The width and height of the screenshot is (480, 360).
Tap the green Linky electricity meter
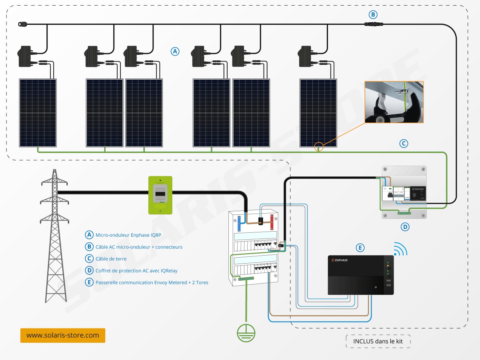tap(160, 195)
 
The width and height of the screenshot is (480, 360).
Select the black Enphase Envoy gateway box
tap(360, 275)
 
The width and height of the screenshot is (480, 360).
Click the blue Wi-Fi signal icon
tap(400, 249)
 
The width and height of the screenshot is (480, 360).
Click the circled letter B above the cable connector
tap(373, 15)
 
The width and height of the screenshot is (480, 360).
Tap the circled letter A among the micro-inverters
tap(175, 51)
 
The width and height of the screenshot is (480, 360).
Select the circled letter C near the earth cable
tap(404, 143)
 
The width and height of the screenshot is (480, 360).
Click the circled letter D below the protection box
tap(405, 227)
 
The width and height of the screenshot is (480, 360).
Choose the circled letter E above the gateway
tap(360, 248)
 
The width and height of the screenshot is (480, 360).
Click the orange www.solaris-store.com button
tap(63, 335)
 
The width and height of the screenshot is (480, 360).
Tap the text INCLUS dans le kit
tap(378, 341)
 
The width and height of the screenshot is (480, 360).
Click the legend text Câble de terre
tap(111, 259)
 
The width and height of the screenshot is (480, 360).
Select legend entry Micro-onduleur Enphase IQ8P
tap(128, 235)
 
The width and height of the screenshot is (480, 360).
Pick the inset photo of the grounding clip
tap(394, 102)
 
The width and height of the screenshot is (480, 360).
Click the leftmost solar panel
tap(38, 113)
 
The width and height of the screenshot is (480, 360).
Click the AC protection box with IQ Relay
tap(403, 192)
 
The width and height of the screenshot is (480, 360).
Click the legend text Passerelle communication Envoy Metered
tap(152, 282)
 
